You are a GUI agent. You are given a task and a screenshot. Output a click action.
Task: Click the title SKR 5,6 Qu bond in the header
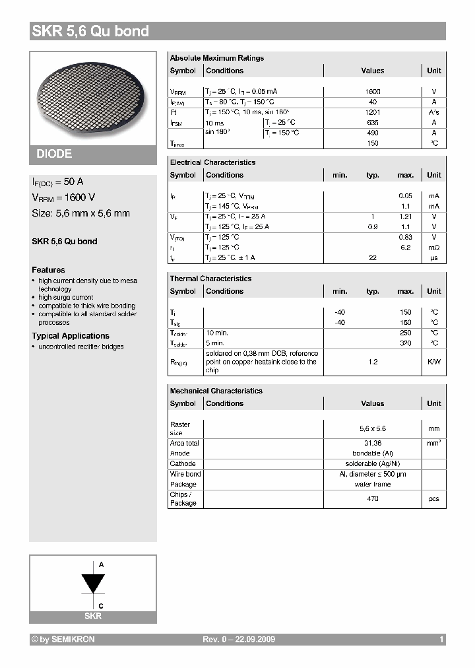[90, 31]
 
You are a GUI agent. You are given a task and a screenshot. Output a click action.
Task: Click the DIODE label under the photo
[54, 154]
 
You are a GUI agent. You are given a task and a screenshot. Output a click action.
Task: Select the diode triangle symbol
[93, 584]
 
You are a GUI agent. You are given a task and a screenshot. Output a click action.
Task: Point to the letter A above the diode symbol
[101, 565]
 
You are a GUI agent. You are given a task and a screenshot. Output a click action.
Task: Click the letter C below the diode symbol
[101, 605]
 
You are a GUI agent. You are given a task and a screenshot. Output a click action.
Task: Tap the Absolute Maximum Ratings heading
[216, 58]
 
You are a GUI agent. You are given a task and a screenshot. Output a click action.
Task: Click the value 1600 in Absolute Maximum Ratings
[373, 91]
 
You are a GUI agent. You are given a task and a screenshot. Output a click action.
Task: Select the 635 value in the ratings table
[373, 122]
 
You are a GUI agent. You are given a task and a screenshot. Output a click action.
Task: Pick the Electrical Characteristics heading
[212, 162]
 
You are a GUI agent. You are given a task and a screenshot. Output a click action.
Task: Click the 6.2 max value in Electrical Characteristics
[405, 248]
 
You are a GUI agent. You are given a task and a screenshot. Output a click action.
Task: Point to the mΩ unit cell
[433, 248]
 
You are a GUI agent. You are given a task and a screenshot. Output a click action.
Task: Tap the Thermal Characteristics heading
[210, 279]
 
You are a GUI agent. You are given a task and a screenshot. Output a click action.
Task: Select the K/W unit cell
[433, 362]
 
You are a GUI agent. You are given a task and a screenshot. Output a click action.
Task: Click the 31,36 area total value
[373, 443]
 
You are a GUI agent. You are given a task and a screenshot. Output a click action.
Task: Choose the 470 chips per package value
[373, 499]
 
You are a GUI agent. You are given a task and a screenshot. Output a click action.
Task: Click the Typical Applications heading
[71, 336]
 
